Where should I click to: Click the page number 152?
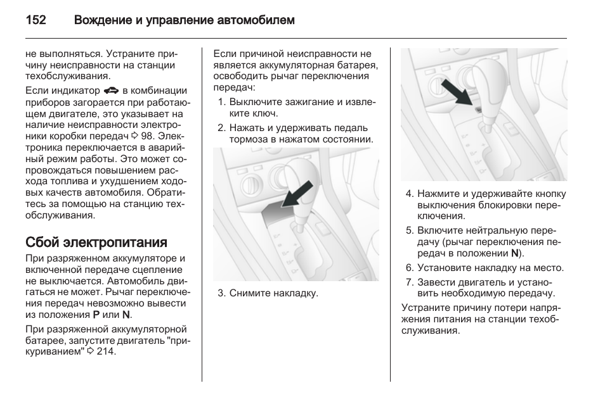(36, 20)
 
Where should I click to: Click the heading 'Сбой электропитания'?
(96, 242)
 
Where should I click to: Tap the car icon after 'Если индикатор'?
(112, 91)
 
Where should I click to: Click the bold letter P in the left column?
(96, 315)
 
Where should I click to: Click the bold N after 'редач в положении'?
(514, 253)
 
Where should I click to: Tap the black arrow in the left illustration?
(296, 194)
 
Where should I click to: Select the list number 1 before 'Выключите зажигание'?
(221, 102)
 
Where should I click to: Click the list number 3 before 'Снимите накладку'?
(221, 293)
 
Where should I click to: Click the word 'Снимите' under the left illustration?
(249, 293)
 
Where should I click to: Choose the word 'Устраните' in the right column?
(425, 308)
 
